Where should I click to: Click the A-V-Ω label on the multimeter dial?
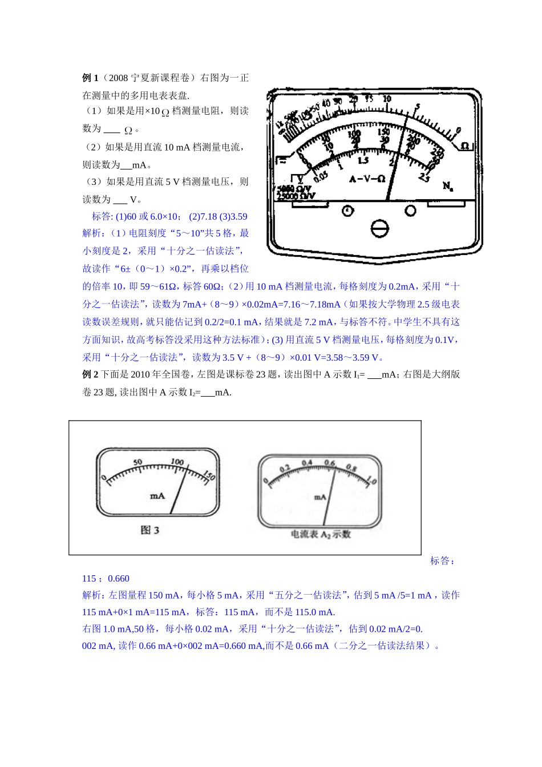367,179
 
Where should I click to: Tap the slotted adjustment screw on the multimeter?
379,229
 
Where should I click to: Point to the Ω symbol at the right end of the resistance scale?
465,146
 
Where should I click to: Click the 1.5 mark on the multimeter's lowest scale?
363,161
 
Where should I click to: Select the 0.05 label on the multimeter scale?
321,176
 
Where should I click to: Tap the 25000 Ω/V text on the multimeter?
296,196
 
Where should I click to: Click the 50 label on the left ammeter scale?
137,462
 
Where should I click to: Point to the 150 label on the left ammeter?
209,475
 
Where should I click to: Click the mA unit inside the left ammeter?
157,496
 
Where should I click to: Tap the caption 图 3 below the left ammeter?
149,530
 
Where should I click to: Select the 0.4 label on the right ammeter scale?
307,463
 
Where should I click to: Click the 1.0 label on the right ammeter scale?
371,481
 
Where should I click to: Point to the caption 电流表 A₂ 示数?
321,535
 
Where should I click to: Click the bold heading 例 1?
90,78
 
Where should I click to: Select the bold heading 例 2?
90,374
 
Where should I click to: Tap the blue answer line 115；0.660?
106,579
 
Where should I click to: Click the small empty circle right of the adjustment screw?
410,211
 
